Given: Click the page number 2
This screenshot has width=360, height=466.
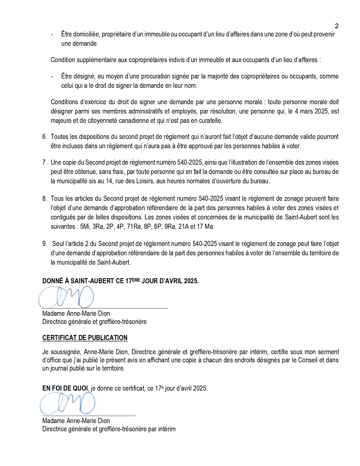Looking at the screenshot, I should click(337, 26).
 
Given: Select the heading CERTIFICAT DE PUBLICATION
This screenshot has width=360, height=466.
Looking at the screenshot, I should click(85, 338).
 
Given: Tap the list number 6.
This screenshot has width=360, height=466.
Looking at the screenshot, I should click(44, 137).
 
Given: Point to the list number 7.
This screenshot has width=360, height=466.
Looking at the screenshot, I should click(44, 162).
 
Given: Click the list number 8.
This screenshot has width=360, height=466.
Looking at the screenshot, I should click(44, 199).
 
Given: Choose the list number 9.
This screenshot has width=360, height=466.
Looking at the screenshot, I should click(44, 244).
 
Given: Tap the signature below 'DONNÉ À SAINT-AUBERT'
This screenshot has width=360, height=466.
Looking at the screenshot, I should click(66, 297).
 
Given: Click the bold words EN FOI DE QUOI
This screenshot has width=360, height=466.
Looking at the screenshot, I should click(65, 388).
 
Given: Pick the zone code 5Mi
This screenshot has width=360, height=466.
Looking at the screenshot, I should click(85, 227).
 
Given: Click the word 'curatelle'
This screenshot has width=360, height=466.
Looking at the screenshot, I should click(210, 121).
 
